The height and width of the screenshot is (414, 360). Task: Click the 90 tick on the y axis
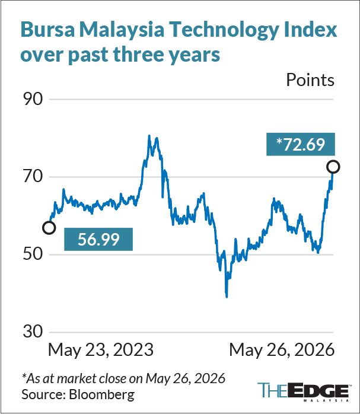click(33, 99)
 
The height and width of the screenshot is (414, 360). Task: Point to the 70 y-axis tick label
click(33, 177)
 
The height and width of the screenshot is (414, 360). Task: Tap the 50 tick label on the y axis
click(33, 254)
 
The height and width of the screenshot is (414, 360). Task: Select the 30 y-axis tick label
click(33, 332)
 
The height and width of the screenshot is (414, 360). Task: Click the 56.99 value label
click(98, 239)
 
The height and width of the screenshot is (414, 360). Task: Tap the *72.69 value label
click(301, 144)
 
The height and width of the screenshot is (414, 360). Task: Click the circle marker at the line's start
click(49, 228)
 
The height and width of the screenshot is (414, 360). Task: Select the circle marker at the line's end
click(333, 167)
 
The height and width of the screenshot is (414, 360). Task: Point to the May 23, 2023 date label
click(101, 351)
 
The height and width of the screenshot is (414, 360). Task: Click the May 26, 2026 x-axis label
click(282, 351)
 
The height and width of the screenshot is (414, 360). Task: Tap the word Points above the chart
click(310, 79)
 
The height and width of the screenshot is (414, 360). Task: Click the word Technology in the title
click(223, 30)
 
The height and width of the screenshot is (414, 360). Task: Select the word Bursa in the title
click(48, 30)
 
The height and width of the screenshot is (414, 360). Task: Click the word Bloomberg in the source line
click(101, 395)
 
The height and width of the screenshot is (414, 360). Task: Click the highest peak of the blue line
click(149, 136)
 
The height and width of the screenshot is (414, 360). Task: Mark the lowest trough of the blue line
click(227, 297)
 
